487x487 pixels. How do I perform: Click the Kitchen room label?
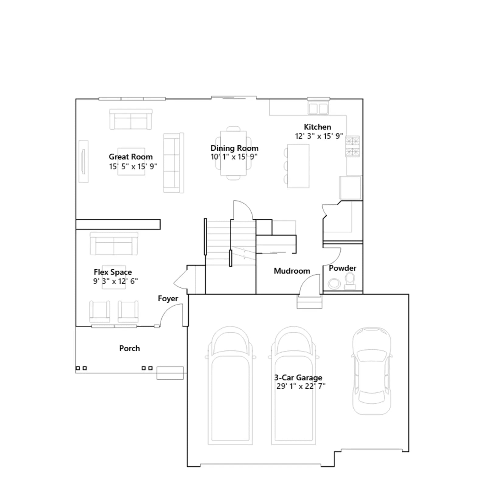tap(317, 127)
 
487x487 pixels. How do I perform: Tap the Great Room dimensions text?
tap(133, 166)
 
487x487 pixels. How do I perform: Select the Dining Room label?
tap(234, 148)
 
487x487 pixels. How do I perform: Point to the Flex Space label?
tap(113, 272)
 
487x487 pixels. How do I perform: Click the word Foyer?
tap(168, 299)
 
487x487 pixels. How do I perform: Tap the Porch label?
tap(130, 348)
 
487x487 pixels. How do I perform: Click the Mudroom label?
tap(292, 271)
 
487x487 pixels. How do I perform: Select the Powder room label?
tap(343, 268)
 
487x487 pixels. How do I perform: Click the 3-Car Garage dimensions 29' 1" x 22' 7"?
tap(301, 386)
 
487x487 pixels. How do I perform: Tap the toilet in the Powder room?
tap(350, 281)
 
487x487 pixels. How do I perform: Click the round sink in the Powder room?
tap(334, 284)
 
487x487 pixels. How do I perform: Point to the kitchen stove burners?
tap(352, 146)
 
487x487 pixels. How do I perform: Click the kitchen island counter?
tap(298, 166)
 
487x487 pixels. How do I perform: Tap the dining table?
tap(233, 153)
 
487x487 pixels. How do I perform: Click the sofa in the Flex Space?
tap(114, 243)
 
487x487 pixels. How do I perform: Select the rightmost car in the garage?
tap(372, 371)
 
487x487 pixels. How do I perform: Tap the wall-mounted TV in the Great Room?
tap(83, 161)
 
